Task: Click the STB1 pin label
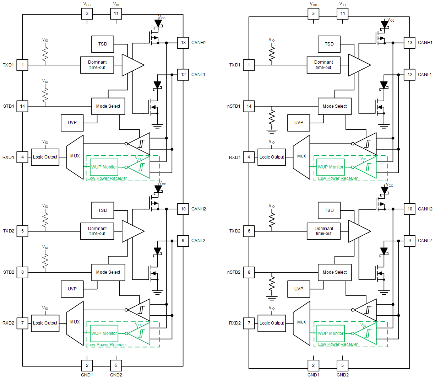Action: point(9,106)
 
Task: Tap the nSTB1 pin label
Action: point(234,106)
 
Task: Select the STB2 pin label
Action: point(9,272)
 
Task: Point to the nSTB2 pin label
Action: point(234,272)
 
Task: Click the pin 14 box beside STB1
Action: point(22,106)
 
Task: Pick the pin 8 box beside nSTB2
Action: point(249,272)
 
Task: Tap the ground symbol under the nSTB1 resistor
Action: point(272,132)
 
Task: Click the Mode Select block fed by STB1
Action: point(108,106)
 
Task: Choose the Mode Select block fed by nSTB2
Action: point(335,272)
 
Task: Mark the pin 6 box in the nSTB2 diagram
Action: point(249,231)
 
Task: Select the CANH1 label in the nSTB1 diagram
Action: point(425,43)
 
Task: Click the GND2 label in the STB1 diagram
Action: point(116,375)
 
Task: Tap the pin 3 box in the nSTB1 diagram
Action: point(313,14)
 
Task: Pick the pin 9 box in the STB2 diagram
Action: point(183,241)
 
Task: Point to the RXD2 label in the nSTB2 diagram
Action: point(235,323)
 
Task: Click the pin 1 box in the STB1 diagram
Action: point(22,65)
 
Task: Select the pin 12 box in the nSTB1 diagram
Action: point(410,75)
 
